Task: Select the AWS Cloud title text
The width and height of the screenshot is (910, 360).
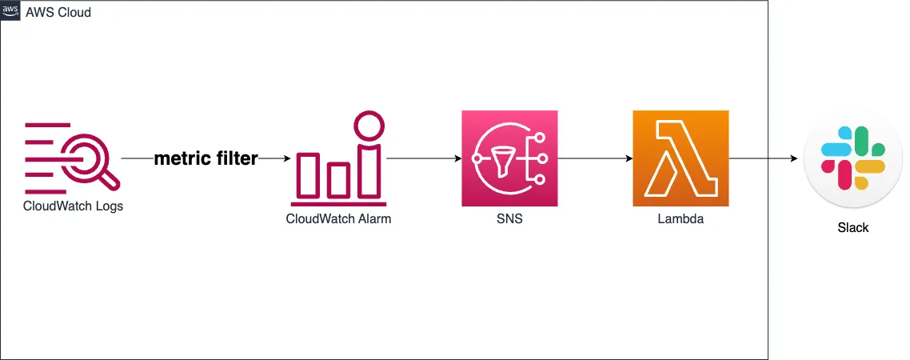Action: point(58,13)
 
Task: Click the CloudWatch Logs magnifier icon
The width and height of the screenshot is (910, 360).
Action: point(72,159)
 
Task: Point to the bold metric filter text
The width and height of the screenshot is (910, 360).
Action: point(206,159)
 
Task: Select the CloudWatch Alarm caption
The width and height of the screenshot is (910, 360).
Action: point(338,219)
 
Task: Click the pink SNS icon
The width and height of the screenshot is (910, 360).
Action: point(509,158)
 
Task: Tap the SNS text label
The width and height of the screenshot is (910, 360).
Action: point(509,219)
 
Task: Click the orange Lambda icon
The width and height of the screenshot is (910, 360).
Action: point(680,158)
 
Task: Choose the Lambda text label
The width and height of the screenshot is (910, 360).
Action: point(680,219)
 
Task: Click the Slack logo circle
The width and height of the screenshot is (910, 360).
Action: point(852,159)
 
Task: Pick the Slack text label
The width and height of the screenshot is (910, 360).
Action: point(852,228)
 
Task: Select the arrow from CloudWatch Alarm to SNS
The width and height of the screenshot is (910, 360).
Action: point(423,159)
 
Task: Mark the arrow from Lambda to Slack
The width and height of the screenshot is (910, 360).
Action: point(764,159)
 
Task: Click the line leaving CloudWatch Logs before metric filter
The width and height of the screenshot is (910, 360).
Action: point(136,159)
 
